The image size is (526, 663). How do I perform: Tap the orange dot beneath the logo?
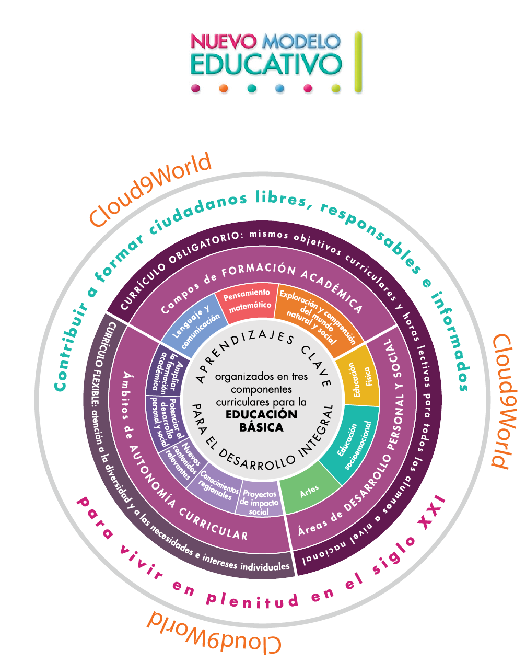pyautogui.click(x=224, y=89)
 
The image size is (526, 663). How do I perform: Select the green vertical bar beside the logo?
pyautogui.click(x=358, y=62)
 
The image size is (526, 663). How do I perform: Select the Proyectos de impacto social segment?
pyautogui.click(x=260, y=502)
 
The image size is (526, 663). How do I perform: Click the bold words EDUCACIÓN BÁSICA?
pyautogui.click(x=261, y=421)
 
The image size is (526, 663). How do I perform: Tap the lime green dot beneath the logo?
pyautogui.click(x=336, y=89)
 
